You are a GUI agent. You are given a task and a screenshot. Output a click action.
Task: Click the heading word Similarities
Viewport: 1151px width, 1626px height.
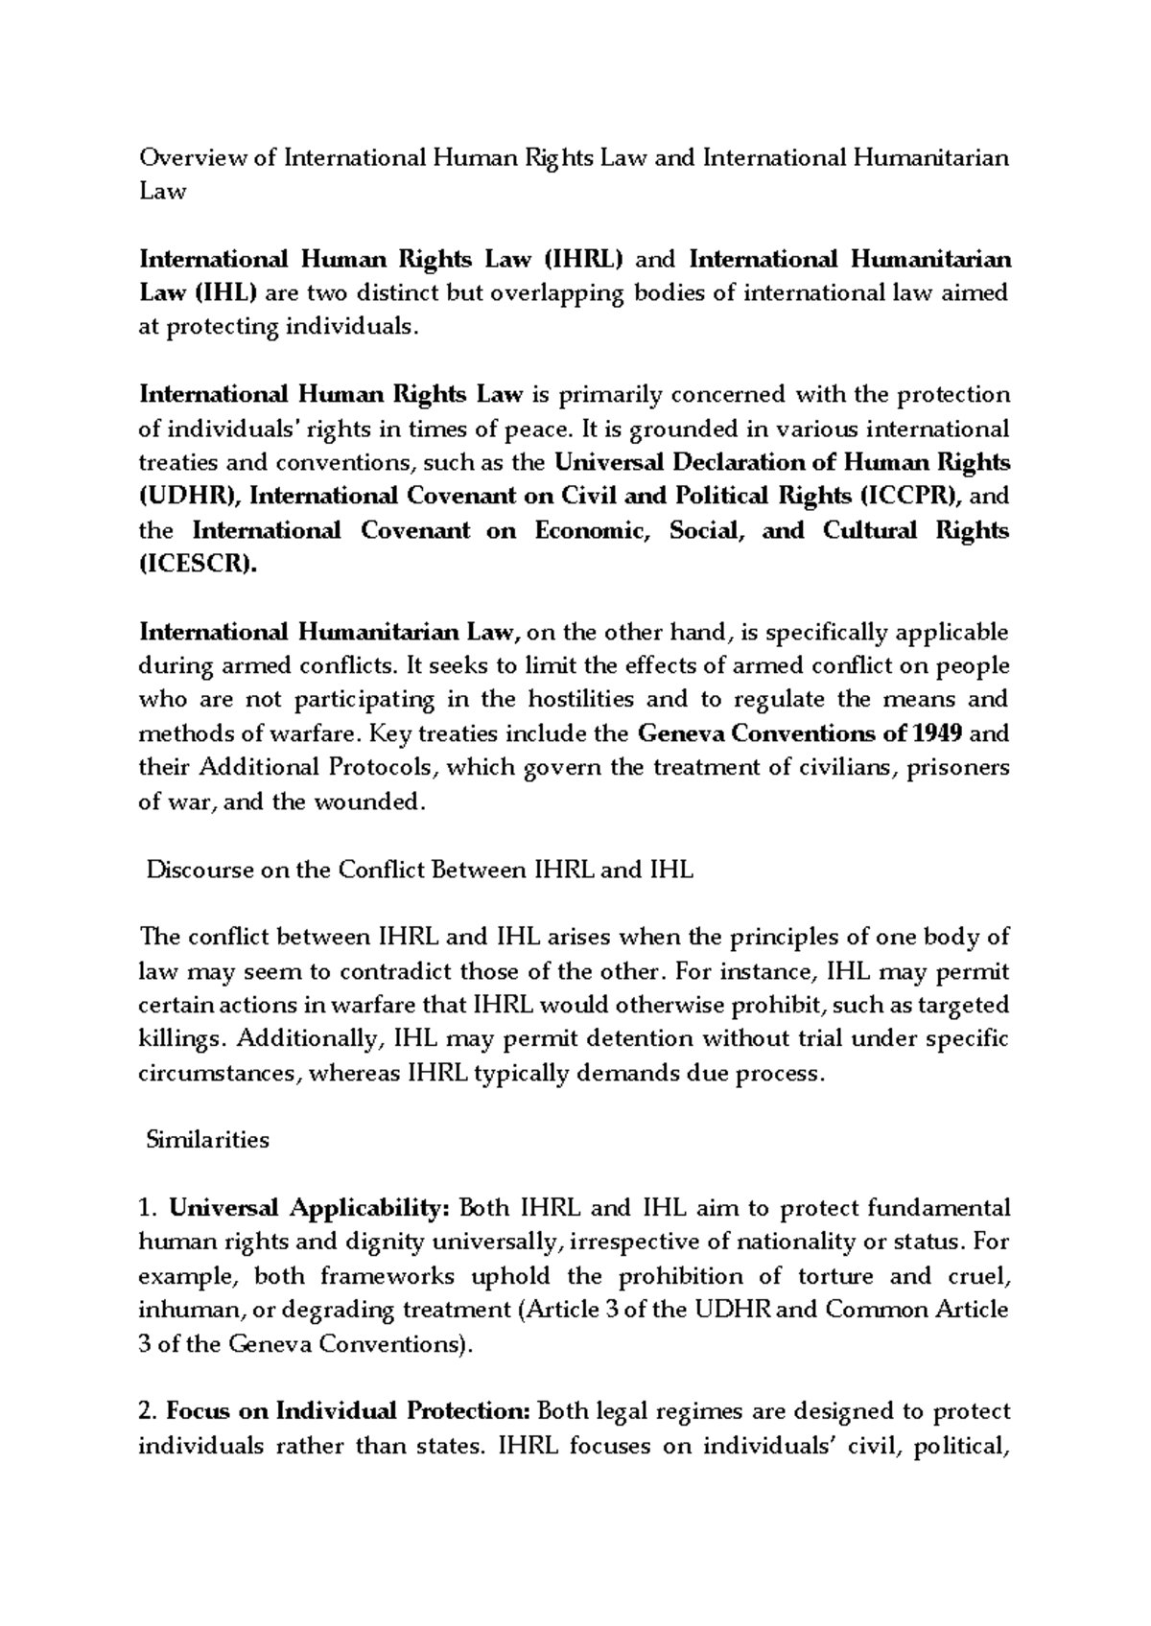point(207,1139)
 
